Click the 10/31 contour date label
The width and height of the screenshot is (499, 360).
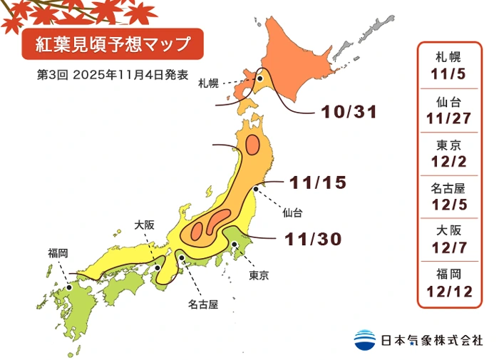tap(349, 113)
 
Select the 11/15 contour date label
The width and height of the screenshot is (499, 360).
tap(319, 182)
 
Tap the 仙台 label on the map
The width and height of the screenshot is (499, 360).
tap(292, 212)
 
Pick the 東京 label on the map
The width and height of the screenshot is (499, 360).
tap(258, 274)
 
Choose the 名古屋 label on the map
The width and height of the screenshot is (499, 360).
tap(203, 304)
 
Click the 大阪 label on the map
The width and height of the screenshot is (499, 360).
tap(144, 225)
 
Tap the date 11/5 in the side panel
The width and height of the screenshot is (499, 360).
tap(448, 73)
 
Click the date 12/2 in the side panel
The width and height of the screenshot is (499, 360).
tap(448, 161)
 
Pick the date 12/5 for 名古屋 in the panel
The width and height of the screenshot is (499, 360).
tap(448, 205)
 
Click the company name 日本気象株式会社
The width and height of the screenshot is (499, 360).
tap(431, 340)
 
